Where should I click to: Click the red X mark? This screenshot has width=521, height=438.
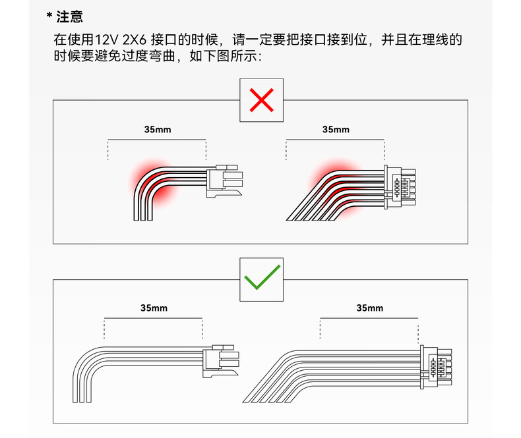pyautogui.click(x=262, y=100)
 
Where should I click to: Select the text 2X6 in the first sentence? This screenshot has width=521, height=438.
pyautogui.click(x=135, y=40)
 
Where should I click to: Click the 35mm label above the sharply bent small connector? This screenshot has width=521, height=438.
pyautogui.click(x=157, y=130)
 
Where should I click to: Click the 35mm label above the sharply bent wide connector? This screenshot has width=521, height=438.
pyautogui.click(x=336, y=130)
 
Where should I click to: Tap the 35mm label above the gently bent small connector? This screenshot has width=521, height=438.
pyautogui.click(x=154, y=308)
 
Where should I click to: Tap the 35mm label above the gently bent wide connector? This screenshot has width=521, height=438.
pyautogui.click(x=369, y=308)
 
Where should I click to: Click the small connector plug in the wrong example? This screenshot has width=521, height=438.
pyautogui.click(x=224, y=180)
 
